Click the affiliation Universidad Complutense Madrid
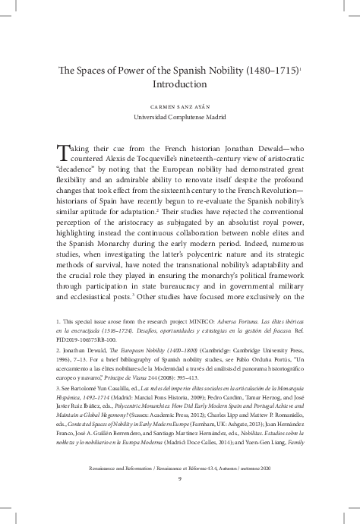coord(179,119)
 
